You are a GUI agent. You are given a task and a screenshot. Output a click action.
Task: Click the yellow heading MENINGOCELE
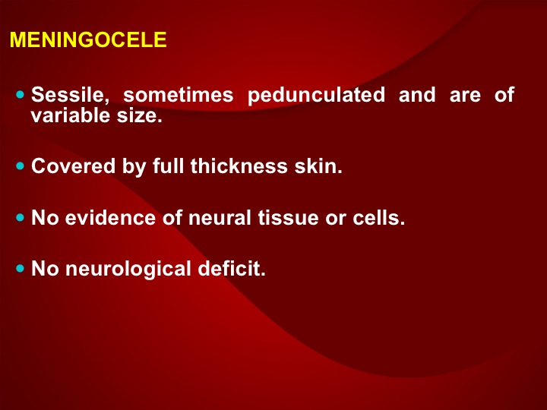click(x=88, y=39)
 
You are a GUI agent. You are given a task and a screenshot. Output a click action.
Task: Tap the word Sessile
click(x=70, y=95)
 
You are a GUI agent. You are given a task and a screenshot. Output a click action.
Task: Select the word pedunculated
click(x=316, y=96)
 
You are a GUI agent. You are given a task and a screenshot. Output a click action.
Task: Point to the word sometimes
click(x=179, y=95)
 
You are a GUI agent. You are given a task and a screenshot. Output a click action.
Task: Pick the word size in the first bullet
click(x=140, y=115)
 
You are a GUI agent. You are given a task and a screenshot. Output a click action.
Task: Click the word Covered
click(x=73, y=166)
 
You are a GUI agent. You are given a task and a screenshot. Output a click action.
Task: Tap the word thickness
click(x=239, y=166)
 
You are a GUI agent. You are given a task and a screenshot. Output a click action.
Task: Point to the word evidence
click(x=110, y=218)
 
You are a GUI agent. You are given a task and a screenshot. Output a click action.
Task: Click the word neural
click(x=220, y=218)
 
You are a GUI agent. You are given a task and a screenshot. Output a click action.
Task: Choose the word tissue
click(x=288, y=218)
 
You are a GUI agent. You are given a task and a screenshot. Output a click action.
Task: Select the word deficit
click(x=232, y=269)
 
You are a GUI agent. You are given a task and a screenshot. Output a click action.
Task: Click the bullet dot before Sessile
click(x=21, y=94)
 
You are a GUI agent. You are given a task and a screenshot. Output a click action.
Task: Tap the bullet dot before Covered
click(x=21, y=166)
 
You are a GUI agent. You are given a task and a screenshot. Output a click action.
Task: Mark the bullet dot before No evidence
click(x=21, y=218)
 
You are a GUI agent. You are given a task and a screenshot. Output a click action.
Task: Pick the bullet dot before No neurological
click(x=21, y=269)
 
